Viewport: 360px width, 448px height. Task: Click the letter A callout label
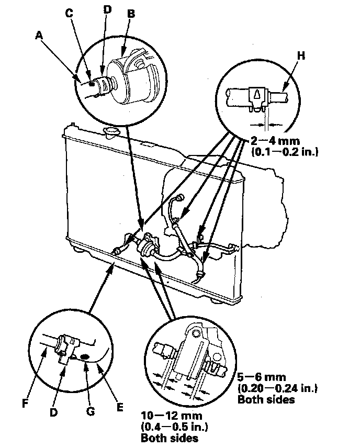(39, 36)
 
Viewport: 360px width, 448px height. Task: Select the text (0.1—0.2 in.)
(285, 152)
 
